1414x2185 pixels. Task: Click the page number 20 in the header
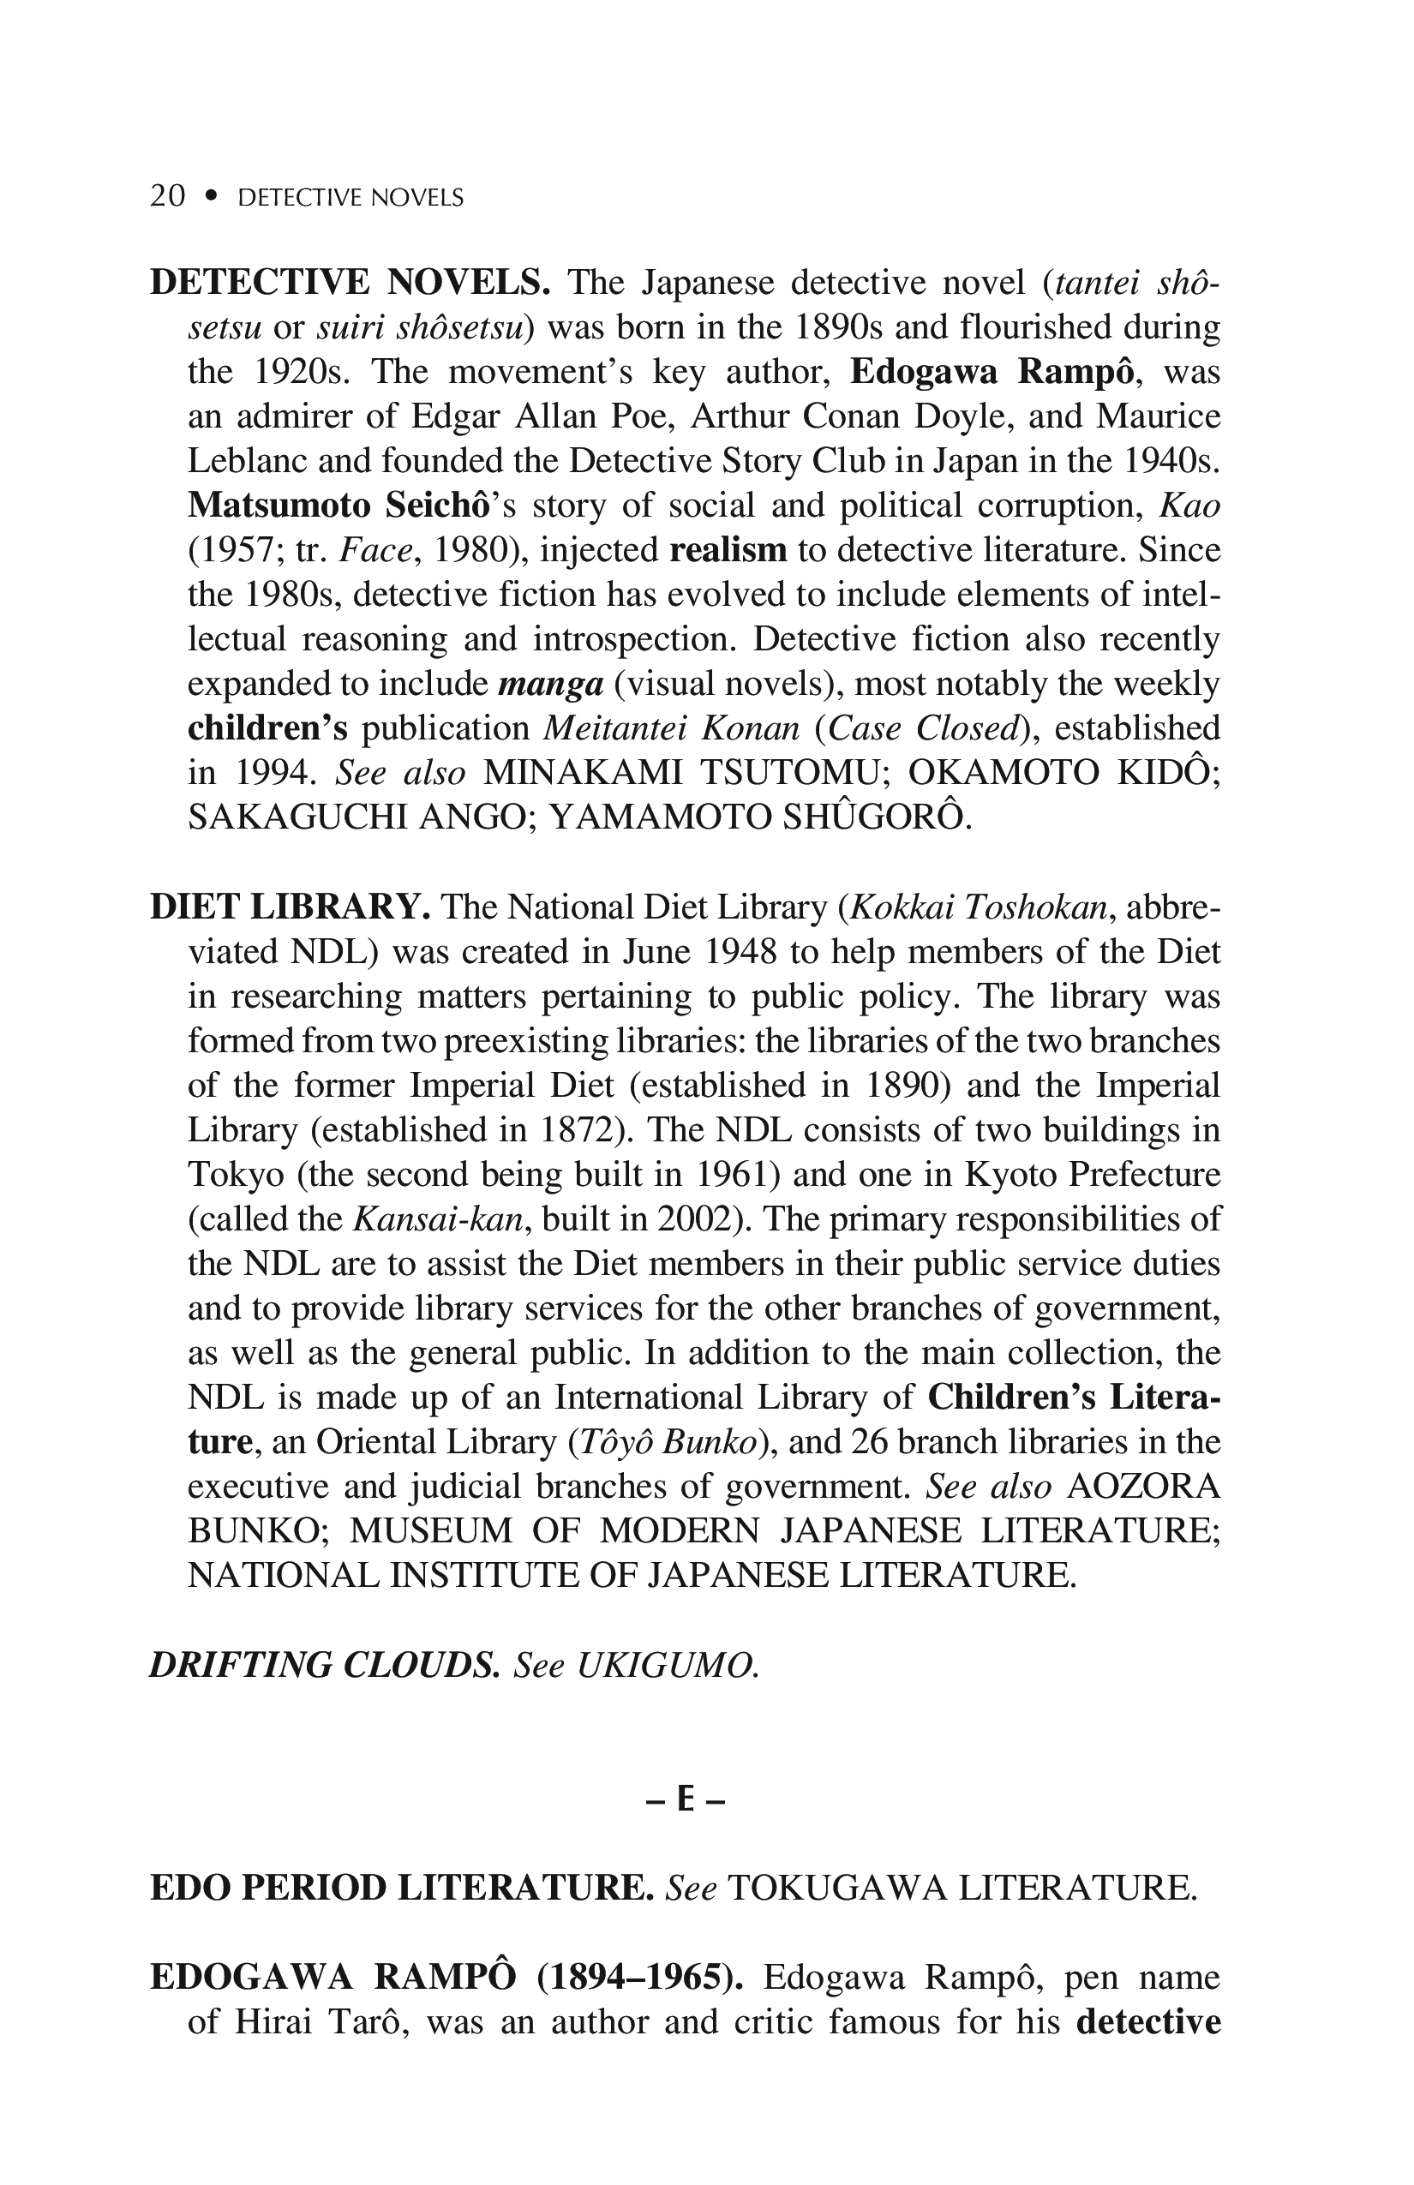pos(167,196)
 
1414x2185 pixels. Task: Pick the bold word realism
pos(728,550)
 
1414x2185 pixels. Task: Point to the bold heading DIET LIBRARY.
pos(290,907)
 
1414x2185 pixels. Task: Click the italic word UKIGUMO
pos(668,1664)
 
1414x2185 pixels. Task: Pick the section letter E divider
pos(686,1800)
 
